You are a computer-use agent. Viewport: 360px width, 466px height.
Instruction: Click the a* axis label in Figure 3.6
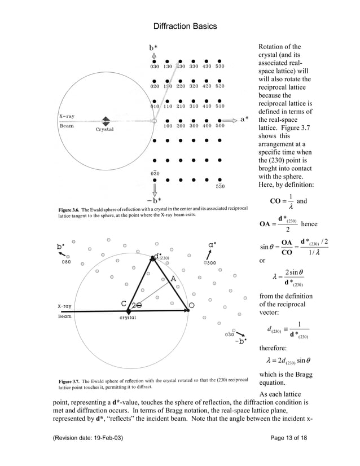pos(244,120)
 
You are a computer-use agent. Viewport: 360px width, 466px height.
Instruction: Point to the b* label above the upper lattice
pos(154,49)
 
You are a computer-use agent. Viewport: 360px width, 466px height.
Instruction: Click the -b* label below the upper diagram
pos(152,200)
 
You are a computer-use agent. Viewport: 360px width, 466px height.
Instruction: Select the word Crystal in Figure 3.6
pos(104,130)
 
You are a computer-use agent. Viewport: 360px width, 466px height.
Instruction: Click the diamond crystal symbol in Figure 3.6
pos(105,121)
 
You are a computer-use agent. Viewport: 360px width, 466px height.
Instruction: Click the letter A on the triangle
pos(173,279)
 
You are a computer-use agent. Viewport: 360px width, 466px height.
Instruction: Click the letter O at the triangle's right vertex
pos(191,305)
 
